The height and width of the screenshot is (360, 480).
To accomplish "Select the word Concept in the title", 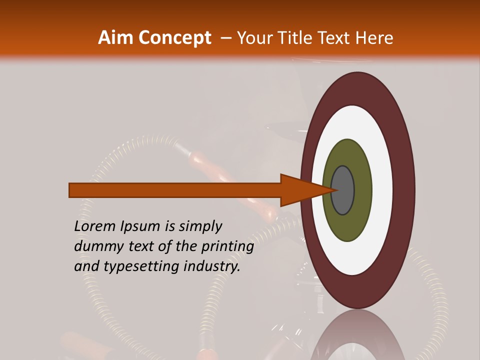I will pyautogui.click(x=175, y=38).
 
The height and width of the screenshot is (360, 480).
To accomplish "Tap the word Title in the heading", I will pyautogui.click(x=295, y=38).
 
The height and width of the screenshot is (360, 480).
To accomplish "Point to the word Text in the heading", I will pyautogui.click(x=335, y=38).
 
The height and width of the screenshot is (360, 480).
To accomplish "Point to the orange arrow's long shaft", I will pyautogui.click(x=175, y=190).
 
